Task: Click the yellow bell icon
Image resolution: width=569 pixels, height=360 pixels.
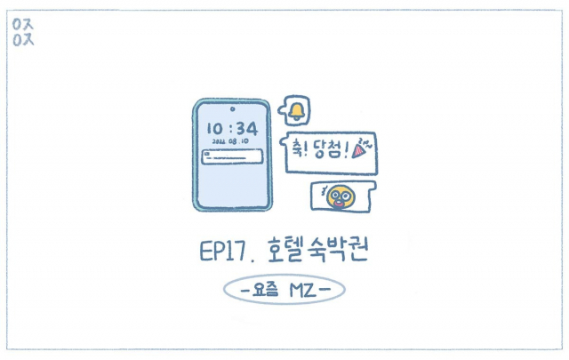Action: point(296,111)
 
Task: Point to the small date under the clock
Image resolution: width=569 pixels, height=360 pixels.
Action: point(231,141)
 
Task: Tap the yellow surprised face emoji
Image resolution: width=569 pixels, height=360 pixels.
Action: point(339,196)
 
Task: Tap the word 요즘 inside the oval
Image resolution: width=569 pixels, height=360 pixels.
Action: point(266,290)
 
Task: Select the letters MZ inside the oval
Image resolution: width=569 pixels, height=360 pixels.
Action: point(303,290)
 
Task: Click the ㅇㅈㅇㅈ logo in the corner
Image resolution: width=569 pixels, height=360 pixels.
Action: point(23,31)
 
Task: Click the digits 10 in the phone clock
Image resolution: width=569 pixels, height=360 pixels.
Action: point(216,129)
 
